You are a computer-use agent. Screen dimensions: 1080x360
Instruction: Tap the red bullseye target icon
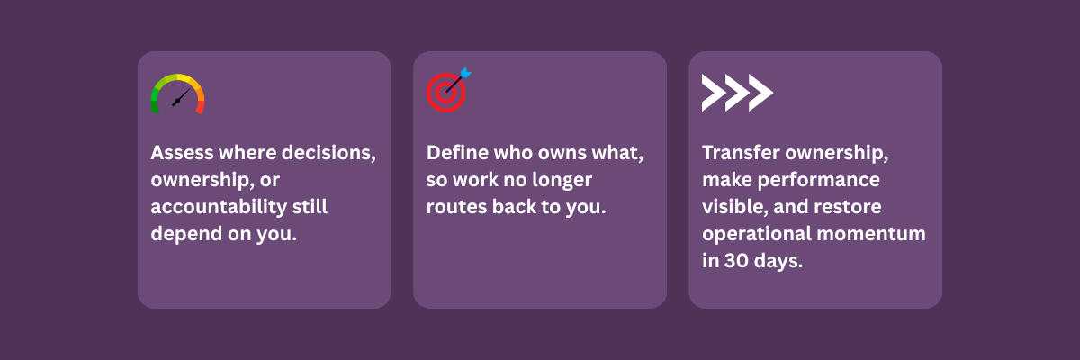pyautogui.click(x=446, y=92)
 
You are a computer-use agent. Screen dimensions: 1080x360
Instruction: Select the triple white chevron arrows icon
pyautogui.click(x=737, y=93)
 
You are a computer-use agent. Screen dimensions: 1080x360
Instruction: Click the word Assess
pyautogui.click(x=182, y=153)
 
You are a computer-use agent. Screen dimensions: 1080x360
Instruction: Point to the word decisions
pyautogui.click(x=328, y=153)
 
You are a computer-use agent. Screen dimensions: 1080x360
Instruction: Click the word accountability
pyautogui.click(x=219, y=207)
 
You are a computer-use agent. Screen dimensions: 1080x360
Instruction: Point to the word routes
pyautogui.click(x=456, y=208)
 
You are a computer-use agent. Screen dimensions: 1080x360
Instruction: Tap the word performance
pyautogui.click(x=819, y=181)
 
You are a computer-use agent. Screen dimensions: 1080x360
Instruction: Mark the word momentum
pyautogui.click(x=871, y=234)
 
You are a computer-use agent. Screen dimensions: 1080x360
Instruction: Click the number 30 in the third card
pyautogui.click(x=736, y=261)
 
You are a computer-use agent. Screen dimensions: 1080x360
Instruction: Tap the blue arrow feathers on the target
pyautogui.click(x=465, y=73)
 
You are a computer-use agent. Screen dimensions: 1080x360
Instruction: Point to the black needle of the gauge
pyautogui.click(x=180, y=98)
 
